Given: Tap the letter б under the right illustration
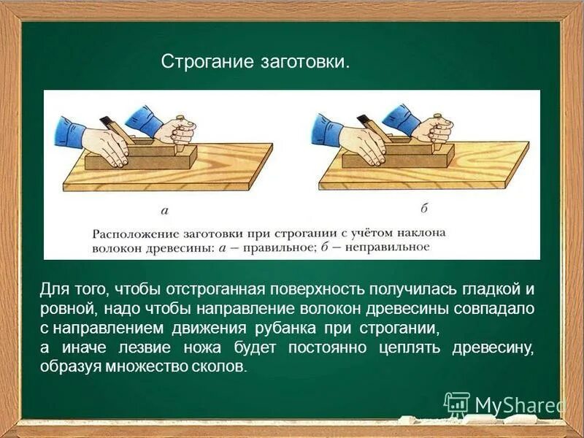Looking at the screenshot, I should pyautogui.click(x=423, y=208).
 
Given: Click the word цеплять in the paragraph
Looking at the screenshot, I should pyautogui.click(x=407, y=347).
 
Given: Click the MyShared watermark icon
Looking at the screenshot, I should pyautogui.click(x=457, y=404).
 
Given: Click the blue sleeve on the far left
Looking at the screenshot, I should pyautogui.click(x=69, y=131).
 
